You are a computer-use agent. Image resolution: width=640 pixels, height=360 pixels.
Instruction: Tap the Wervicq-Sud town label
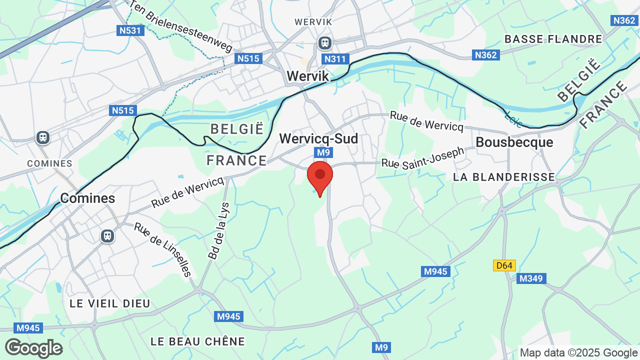[318, 138]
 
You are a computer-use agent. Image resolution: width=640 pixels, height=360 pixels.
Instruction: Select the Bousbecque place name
[514, 142]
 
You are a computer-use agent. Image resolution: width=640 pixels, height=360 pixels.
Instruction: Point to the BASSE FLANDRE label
[553, 39]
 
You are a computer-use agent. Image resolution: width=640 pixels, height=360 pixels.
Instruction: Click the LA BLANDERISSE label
[504, 176]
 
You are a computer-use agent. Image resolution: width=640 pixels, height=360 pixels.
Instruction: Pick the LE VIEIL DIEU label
[110, 303]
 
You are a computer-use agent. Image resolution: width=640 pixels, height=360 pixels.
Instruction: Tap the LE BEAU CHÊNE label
[198, 341]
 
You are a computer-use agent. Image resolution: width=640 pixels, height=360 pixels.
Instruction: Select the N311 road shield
[335, 59]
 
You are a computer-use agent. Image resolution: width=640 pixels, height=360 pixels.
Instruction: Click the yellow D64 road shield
[504, 265]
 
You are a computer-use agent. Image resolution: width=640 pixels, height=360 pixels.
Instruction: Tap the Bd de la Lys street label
[218, 230]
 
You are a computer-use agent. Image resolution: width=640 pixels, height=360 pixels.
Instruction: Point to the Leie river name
[514, 119]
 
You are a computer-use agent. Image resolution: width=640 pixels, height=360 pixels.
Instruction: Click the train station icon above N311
[325, 43]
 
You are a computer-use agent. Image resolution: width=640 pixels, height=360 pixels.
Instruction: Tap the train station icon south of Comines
[107, 235]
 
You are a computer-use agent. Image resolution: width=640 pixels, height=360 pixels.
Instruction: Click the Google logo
[33, 348]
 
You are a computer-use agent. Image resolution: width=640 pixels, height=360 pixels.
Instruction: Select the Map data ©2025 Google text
[578, 352]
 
